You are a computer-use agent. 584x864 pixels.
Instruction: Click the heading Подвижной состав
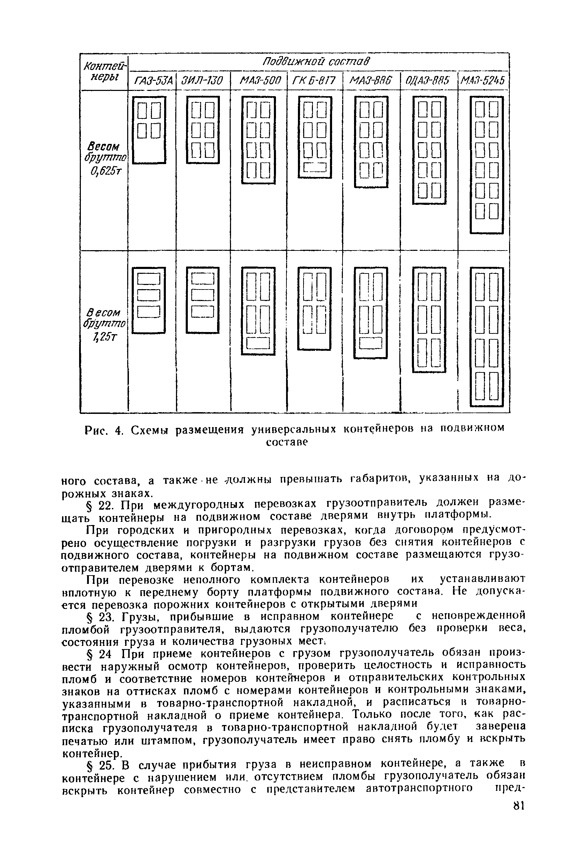pyautogui.click(x=317, y=61)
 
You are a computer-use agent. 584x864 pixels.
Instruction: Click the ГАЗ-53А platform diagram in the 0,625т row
pyautogui.click(x=149, y=130)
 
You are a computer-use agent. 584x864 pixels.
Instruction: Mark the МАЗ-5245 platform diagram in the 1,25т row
pyautogui.click(x=486, y=337)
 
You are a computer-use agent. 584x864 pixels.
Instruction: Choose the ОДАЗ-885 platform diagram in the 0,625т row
pyautogui.click(x=429, y=150)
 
